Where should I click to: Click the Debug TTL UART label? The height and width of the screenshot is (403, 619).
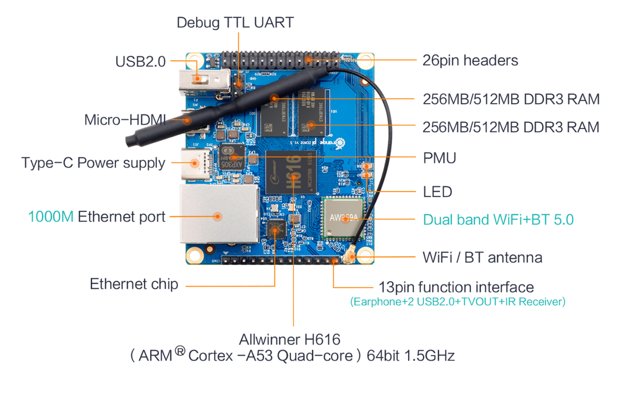pos(235,23)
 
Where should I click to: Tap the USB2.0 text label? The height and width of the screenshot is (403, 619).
pos(140,61)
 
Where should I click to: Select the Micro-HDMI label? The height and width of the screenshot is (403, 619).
pos(125,120)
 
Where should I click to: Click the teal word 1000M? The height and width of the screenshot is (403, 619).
pos(51,216)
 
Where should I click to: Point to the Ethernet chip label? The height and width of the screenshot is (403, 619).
pos(134,284)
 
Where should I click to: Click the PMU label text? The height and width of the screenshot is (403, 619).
pos(439,158)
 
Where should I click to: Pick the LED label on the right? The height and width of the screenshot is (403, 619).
pos(437,192)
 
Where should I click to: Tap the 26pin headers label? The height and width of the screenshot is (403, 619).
pos(470,60)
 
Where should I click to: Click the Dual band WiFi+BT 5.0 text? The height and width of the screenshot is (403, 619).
pos(498,220)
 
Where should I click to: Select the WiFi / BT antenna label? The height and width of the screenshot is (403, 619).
pos(482,258)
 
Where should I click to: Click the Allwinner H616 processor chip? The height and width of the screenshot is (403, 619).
pos(291,172)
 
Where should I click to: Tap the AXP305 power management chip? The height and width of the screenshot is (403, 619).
pos(232,157)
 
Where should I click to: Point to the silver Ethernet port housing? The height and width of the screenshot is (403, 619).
pos(219,214)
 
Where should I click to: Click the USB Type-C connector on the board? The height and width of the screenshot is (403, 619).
pos(196,164)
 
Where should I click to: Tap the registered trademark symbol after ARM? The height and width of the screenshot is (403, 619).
pos(180,351)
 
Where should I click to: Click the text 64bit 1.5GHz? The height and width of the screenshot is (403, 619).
pos(411,356)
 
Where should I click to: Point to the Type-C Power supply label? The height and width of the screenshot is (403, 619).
pos(93,163)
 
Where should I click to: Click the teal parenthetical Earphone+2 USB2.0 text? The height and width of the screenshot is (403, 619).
pos(458,301)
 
